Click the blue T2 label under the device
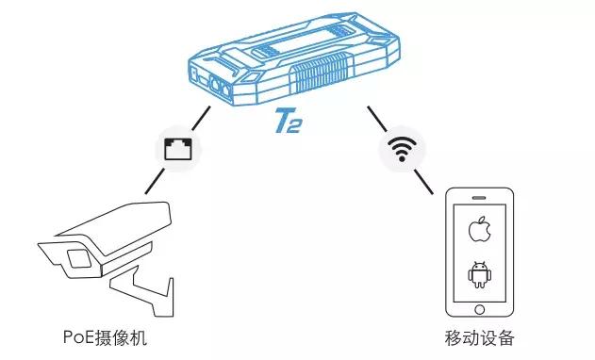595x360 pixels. tap(289, 124)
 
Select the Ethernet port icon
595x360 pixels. tap(175, 148)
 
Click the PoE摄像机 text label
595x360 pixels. tap(105, 337)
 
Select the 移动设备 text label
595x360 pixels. tap(478, 337)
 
